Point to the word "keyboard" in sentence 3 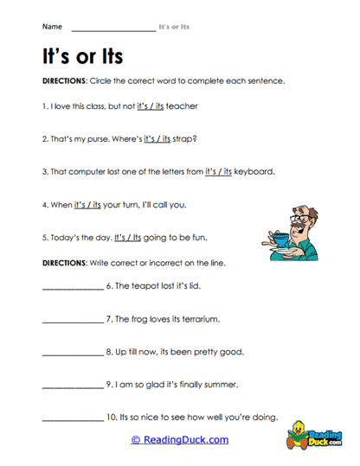click(254, 171)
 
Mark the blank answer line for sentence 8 click(72, 354)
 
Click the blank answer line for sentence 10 click(72, 420)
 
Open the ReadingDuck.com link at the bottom click(179, 440)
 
